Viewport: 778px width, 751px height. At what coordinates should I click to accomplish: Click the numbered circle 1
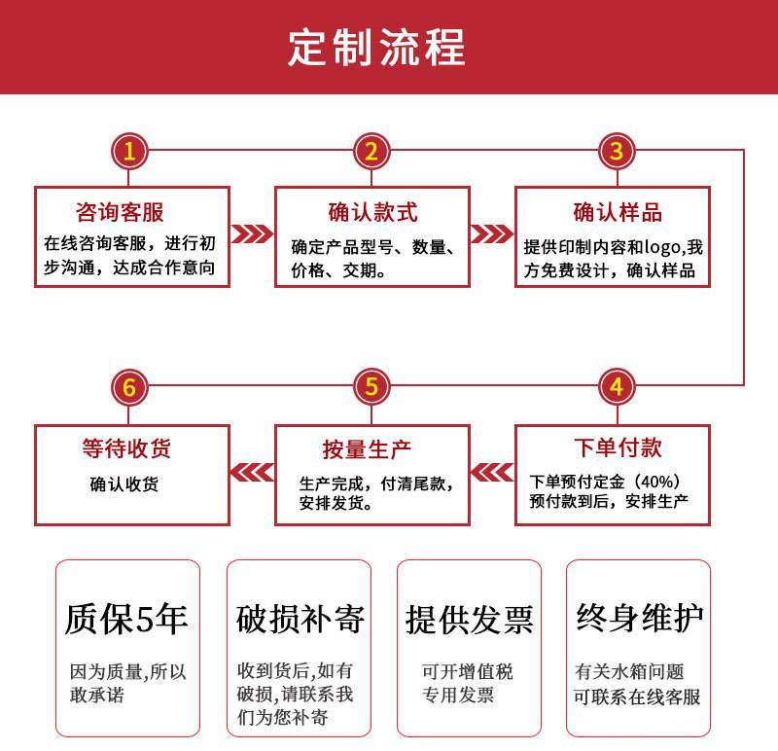tap(130, 151)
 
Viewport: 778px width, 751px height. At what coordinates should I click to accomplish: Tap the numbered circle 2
tap(371, 151)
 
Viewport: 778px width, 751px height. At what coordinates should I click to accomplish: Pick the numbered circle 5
tap(371, 387)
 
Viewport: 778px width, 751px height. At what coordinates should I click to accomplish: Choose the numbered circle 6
tap(130, 387)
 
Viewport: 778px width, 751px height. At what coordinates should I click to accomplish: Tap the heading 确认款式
tap(371, 211)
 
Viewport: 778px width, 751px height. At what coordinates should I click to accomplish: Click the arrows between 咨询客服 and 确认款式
tap(251, 234)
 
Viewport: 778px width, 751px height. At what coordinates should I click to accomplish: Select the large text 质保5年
tap(126, 619)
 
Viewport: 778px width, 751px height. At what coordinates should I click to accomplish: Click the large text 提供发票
tap(470, 620)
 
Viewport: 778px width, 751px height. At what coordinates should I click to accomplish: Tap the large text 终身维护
tap(640, 618)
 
